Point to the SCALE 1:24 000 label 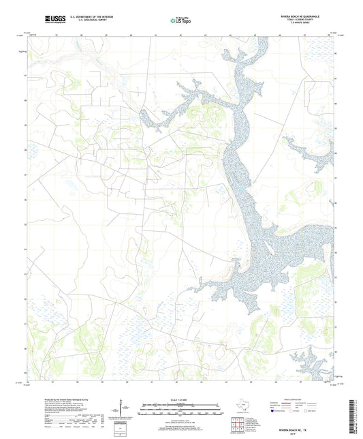tap(180, 399)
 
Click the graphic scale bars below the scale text tap(180, 410)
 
